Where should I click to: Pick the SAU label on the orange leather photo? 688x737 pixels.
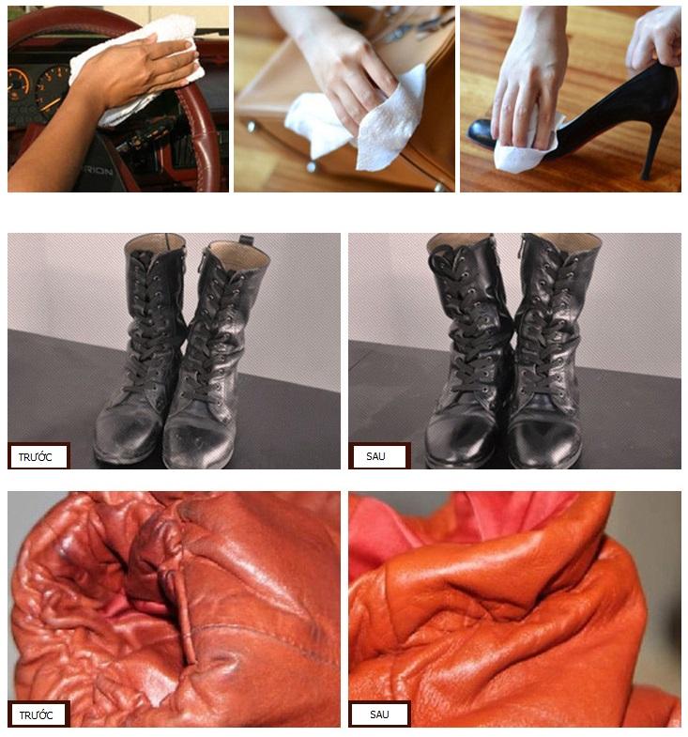click(x=379, y=714)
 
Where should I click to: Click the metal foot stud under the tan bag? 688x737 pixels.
click(x=310, y=166)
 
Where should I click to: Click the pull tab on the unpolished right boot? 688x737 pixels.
click(x=245, y=240)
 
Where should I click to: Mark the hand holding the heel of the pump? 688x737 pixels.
click(x=653, y=38)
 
